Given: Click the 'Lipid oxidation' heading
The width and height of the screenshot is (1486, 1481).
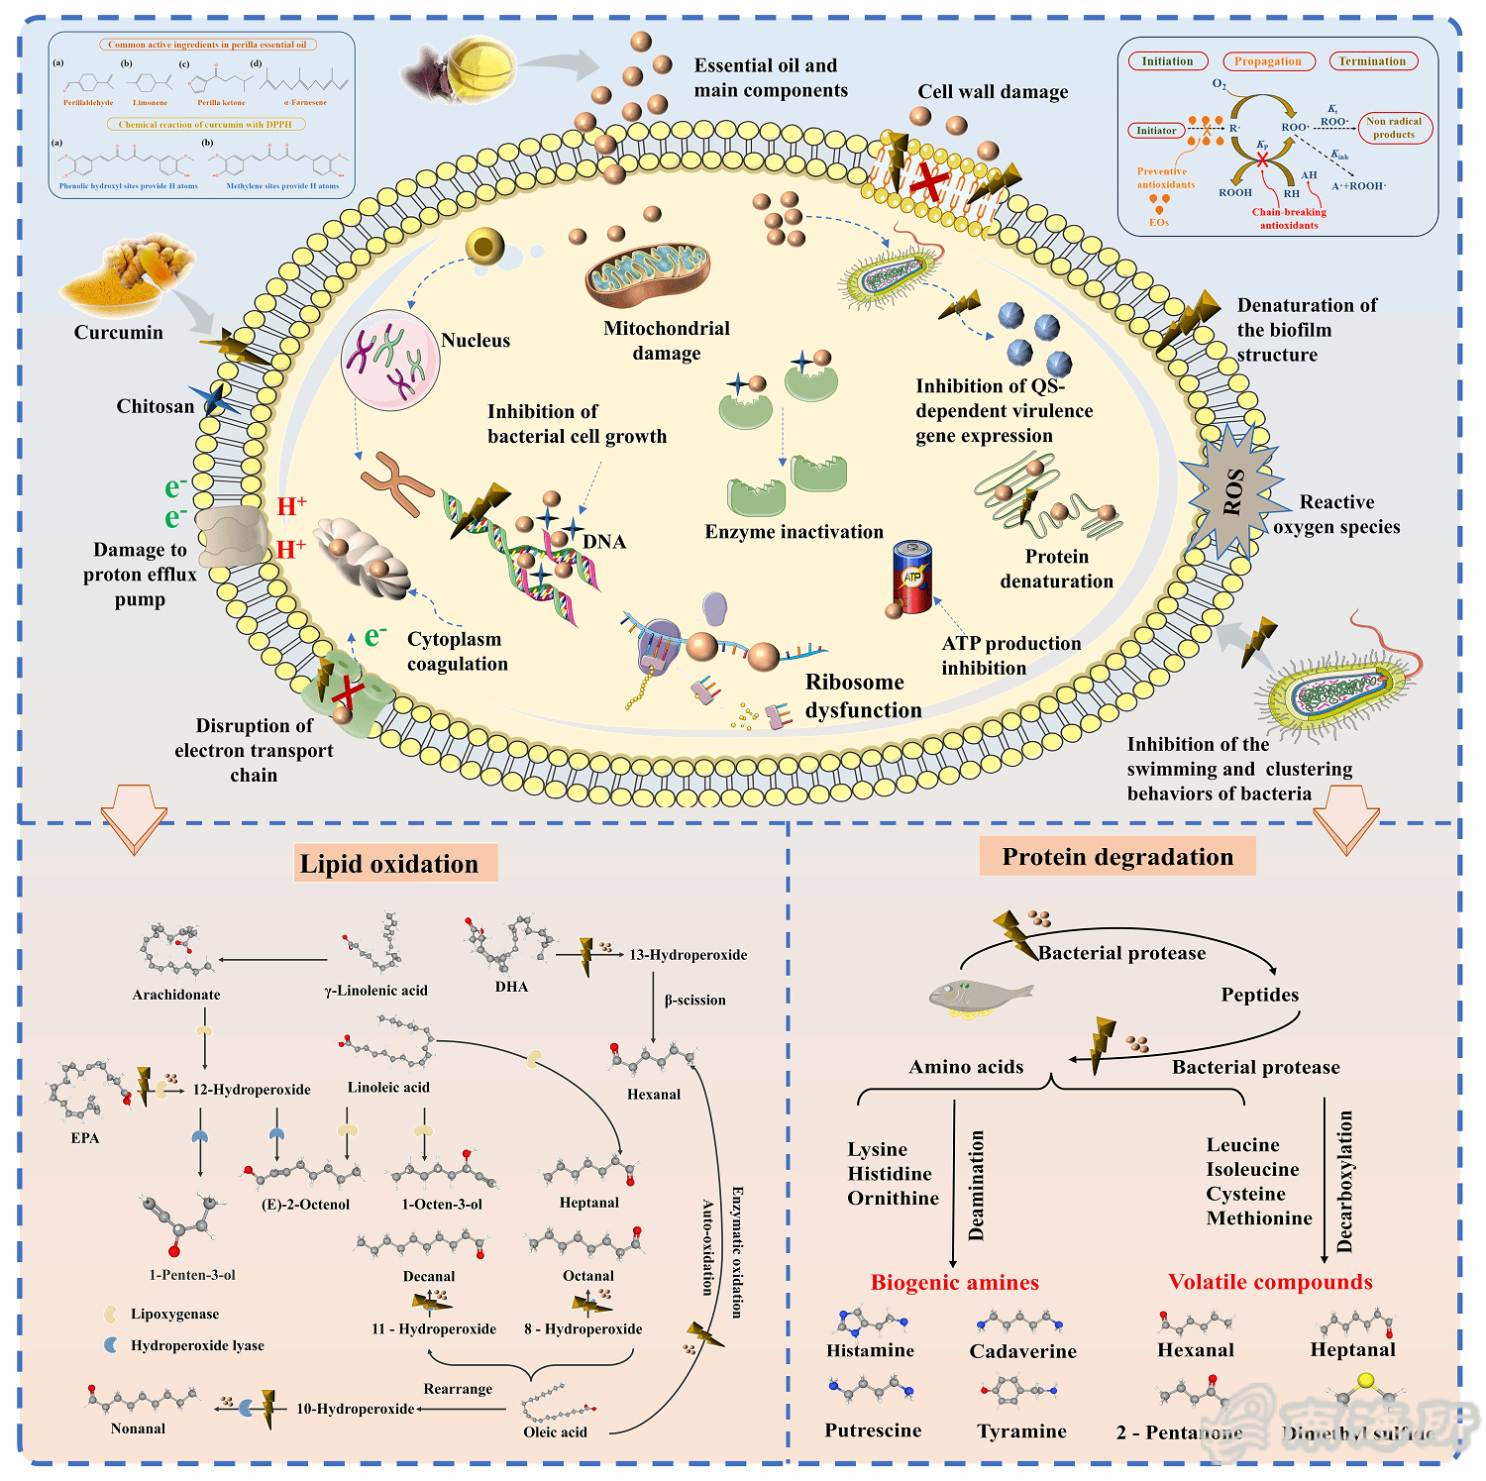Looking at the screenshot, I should coord(389,864).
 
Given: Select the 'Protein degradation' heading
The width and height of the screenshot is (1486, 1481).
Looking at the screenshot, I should coord(1117,857).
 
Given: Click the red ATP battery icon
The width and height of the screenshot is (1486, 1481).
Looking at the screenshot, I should coord(912,577).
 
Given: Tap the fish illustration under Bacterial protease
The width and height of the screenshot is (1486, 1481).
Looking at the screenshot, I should coord(979,996).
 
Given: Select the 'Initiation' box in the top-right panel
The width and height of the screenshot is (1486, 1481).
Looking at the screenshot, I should coord(1168,61).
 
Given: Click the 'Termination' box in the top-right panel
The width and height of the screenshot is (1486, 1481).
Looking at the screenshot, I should coord(1372,61).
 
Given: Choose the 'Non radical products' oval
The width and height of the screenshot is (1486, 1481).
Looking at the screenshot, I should coord(1394,128).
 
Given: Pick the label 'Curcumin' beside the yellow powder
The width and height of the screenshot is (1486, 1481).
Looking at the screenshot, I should coord(119,333).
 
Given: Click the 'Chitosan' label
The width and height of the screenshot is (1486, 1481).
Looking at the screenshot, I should coord(156,406).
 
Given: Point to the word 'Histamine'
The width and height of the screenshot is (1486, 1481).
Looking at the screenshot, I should coord(871,1350).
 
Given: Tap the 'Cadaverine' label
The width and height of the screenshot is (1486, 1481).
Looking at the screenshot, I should coord(1022,1351).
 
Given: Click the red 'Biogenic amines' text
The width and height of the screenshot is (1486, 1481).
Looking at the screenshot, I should coord(955,1283).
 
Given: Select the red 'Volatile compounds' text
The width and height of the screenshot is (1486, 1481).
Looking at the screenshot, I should coord(1270,1282).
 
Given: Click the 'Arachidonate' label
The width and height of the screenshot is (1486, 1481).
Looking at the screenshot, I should coord(176,995).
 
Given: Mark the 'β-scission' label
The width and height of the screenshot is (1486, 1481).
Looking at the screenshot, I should coord(694,1001).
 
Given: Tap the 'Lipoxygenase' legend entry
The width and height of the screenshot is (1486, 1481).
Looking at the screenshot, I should coord(174,1315).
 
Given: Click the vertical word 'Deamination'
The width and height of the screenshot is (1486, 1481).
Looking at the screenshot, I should coord(977,1186).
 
